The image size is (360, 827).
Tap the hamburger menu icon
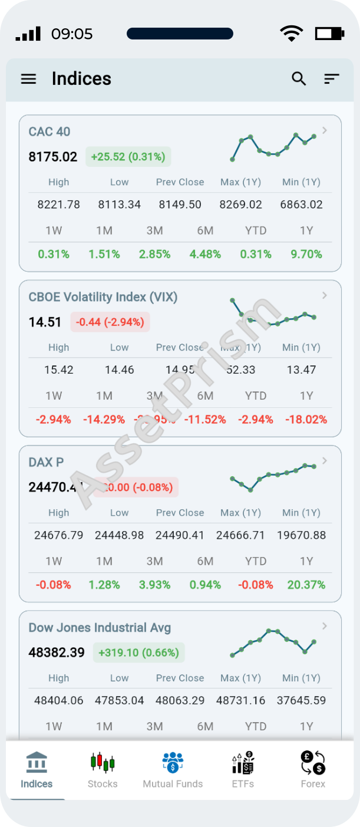coord(28,79)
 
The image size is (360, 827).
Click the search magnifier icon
coord(299,78)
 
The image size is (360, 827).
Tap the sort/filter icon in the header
coord(332,78)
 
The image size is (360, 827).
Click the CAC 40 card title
coord(49,131)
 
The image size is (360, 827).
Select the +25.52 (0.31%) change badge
coord(128,157)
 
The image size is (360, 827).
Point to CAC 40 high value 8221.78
coord(58,205)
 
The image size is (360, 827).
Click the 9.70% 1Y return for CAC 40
coord(306,254)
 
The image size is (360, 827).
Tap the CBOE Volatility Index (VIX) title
coord(103,296)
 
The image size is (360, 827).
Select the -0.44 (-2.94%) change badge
coord(110,322)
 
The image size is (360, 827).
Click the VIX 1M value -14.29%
coord(104,419)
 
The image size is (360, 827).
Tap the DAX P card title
coord(46,462)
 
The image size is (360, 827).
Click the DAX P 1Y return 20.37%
coord(306,585)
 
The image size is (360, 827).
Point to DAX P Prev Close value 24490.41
coord(180,535)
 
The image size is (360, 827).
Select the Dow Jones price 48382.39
coord(57,653)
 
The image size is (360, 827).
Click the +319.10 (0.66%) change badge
coord(138,653)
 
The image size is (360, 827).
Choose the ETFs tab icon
coord(243,765)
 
